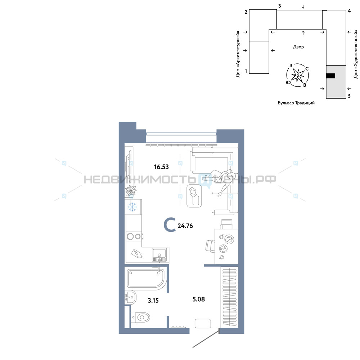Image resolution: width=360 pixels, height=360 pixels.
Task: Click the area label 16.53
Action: point(161,167)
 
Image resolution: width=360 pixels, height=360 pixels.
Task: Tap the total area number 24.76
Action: point(185,226)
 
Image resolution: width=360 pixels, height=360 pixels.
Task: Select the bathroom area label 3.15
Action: point(153,300)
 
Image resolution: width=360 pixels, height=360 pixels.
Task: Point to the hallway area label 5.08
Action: point(199,299)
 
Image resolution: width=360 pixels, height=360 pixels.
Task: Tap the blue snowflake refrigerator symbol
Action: point(132,207)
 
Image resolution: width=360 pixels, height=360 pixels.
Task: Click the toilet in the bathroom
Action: point(140,317)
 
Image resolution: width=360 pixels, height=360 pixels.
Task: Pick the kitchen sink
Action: point(159,255)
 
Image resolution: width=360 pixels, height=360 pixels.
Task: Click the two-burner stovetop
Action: point(134,236)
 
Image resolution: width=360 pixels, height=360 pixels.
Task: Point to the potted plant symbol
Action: point(131,191)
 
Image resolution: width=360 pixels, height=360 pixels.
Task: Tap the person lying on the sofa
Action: point(219,180)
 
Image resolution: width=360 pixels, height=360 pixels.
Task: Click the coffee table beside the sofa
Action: point(194,196)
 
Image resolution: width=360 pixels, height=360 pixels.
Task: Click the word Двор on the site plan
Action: point(298,47)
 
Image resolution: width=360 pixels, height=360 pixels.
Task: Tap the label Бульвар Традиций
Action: point(296,103)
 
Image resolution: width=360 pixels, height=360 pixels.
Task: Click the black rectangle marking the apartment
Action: point(330,76)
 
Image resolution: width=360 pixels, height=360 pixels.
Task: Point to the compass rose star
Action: point(298,75)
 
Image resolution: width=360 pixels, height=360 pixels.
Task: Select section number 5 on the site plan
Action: point(349,96)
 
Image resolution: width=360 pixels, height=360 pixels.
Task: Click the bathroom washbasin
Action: point(130,298)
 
